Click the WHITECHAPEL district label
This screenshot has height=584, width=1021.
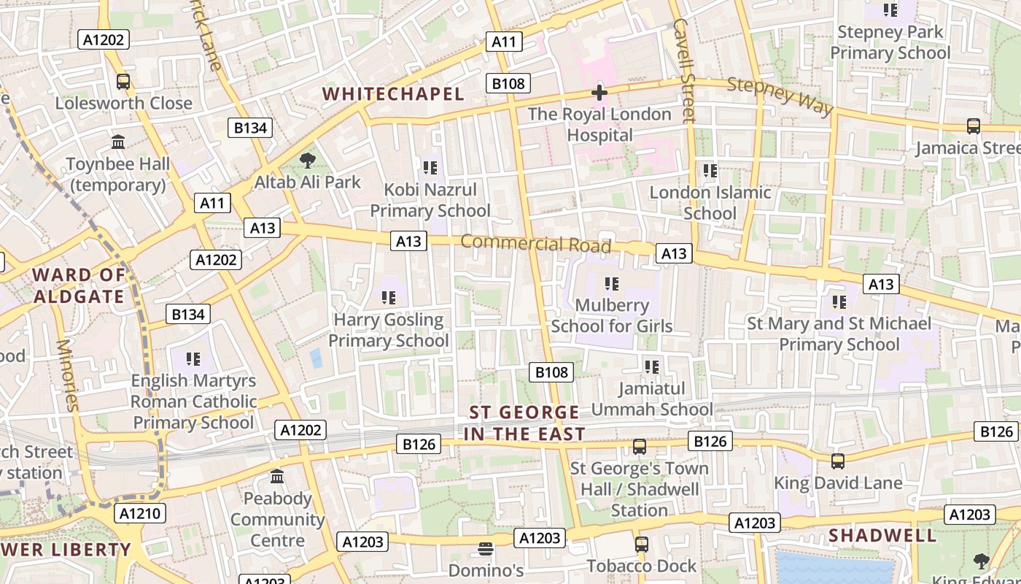pyautogui.click(x=393, y=94)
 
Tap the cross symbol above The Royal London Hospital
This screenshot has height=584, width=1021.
pyautogui.click(x=599, y=93)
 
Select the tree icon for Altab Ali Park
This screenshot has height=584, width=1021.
pyautogui.click(x=308, y=161)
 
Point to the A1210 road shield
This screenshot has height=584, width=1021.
pyautogui.click(x=140, y=513)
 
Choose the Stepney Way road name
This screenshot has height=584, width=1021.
pyautogui.click(x=780, y=96)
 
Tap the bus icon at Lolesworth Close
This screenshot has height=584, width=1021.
pyautogui.click(x=123, y=82)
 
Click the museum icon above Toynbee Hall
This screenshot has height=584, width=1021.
pyautogui.click(x=118, y=142)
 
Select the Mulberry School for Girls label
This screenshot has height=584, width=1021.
pyautogui.click(x=611, y=315)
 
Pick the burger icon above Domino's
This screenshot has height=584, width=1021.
pyautogui.click(x=486, y=548)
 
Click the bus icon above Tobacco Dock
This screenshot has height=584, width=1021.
pyautogui.click(x=641, y=544)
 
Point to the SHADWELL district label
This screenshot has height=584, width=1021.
pyautogui.click(x=882, y=535)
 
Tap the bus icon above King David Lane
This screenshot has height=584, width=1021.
pyautogui.click(x=838, y=461)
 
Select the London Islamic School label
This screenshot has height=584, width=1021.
pyautogui.click(x=710, y=203)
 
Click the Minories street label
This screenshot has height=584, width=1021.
pyautogui.click(x=66, y=375)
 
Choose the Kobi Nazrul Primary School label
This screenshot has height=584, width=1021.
pyautogui.click(x=430, y=200)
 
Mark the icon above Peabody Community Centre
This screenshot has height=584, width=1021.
pyautogui.click(x=277, y=477)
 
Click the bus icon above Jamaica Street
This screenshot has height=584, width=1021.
pyautogui.click(x=973, y=126)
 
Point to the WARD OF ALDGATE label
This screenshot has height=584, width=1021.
pyautogui.click(x=79, y=285)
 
